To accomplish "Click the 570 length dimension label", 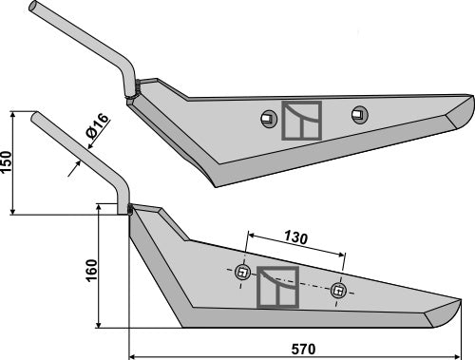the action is point(303,349).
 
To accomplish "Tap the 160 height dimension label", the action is point(91,271).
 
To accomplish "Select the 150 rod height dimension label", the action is point(6,161).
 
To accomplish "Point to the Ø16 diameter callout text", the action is point(97,125).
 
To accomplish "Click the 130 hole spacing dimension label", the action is point(295,237).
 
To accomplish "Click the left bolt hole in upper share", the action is point(269,119).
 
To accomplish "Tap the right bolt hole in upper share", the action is point(360,114).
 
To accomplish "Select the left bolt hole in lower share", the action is point(242,273).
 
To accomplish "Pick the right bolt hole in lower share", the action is point(338,291).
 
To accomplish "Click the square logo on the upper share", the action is point(302,121).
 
